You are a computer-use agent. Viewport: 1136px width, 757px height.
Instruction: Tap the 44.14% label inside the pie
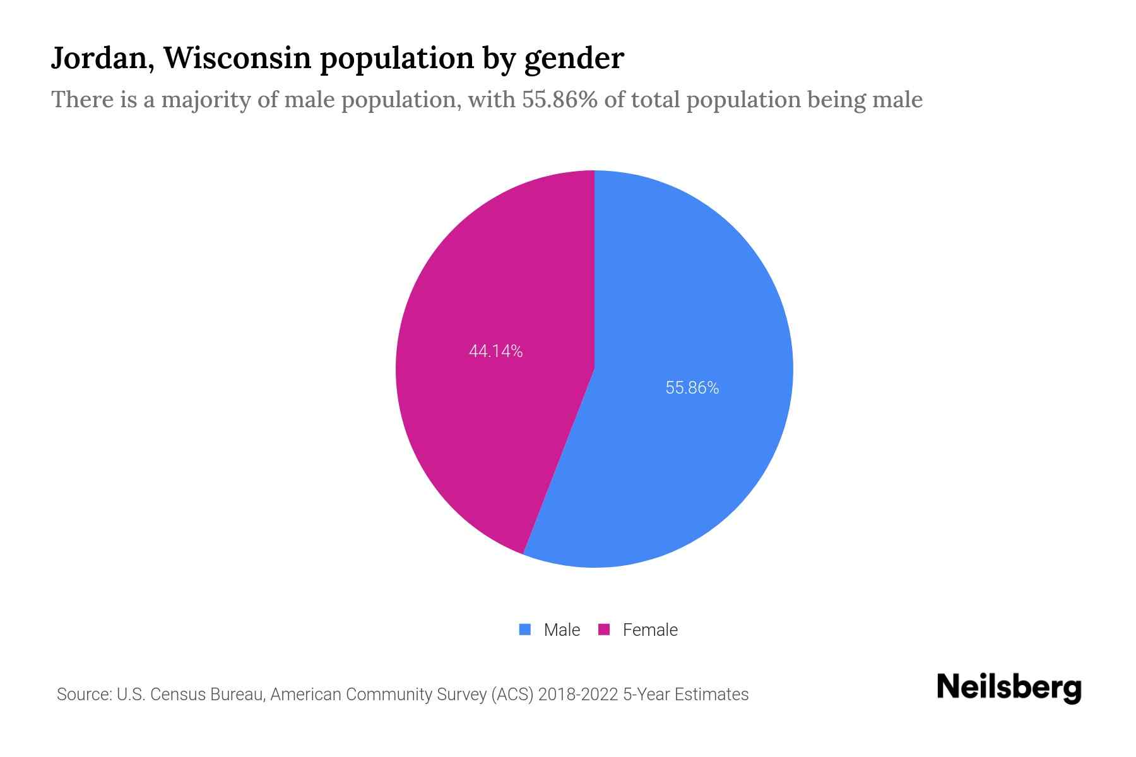tap(495, 351)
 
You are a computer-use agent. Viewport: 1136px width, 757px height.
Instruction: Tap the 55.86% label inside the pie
tap(692, 388)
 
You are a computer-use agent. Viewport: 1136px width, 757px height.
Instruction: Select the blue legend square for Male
tap(524, 629)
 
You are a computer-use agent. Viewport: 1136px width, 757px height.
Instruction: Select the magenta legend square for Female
tap(604, 629)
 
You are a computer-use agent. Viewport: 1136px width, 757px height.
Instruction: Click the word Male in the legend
tap(562, 630)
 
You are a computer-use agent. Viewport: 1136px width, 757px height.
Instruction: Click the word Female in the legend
tap(650, 630)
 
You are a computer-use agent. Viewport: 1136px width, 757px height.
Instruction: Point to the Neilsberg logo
tap(1009, 688)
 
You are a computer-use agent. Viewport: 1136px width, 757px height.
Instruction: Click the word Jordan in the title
tap(101, 58)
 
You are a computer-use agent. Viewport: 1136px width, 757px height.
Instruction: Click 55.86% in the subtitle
tap(559, 100)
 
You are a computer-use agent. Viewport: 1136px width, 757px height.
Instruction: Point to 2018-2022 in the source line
tap(577, 695)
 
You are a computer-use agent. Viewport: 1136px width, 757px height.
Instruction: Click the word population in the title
tap(396, 58)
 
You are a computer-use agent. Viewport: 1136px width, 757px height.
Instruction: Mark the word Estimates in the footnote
tap(711, 695)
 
